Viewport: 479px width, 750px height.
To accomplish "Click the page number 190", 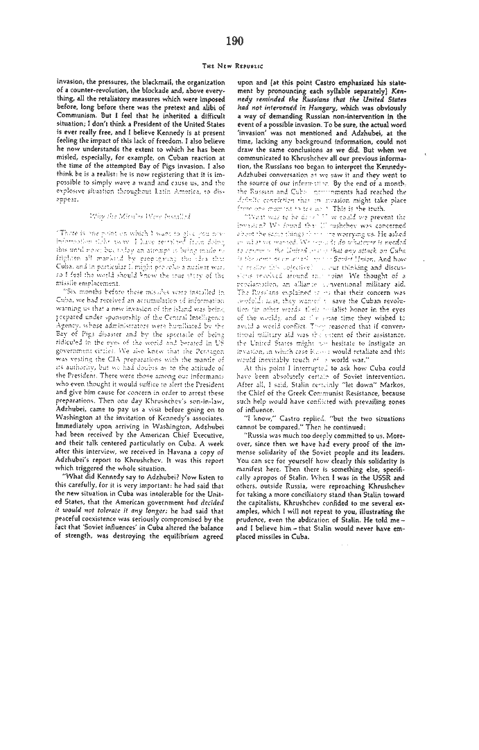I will pyautogui.click(x=234, y=41).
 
